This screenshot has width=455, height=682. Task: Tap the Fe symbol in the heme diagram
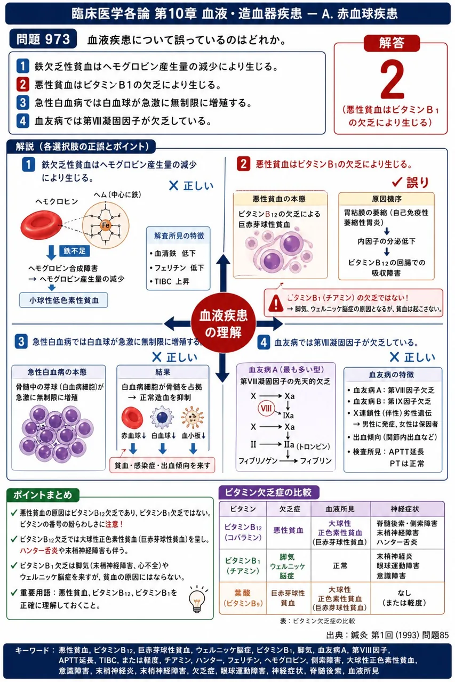click(x=106, y=225)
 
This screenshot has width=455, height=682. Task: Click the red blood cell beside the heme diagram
click(x=42, y=225)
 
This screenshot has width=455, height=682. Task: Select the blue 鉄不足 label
click(x=74, y=251)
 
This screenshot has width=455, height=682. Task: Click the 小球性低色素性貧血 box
click(x=63, y=300)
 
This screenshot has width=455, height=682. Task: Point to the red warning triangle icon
click(x=276, y=303)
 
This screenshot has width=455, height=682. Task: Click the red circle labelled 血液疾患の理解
click(x=223, y=324)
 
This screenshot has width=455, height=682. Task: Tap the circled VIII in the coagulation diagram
click(x=266, y=408)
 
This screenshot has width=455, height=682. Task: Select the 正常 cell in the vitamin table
click(x=340, y=566)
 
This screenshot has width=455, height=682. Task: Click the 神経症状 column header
click(x=405, y=509)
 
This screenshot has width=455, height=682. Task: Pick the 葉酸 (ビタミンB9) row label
click(x=243, y=598)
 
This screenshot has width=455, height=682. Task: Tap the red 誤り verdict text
click(x=411, y=182)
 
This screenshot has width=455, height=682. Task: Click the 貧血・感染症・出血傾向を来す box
click(x=162, y=465)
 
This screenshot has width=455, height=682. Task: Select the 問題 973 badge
click(x=43, y=39)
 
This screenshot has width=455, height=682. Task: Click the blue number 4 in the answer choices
click(x=23, y=121)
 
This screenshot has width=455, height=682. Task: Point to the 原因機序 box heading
click(x=386, y=199)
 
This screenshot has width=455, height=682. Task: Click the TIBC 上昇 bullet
click(x=170, y=281)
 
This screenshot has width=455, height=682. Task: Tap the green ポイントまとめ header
click(x=43, y=495)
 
